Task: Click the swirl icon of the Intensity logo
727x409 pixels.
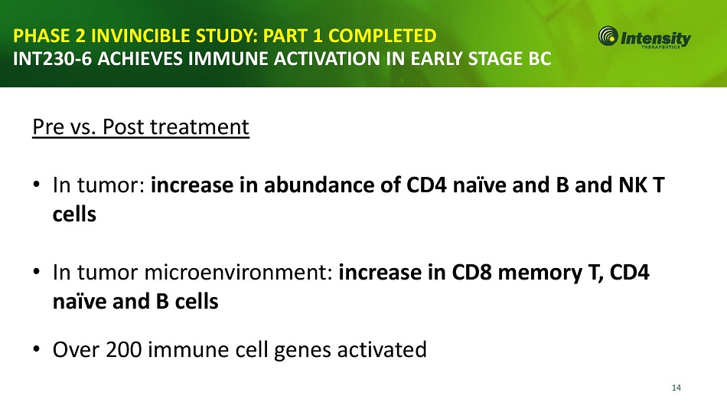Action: [608, 36]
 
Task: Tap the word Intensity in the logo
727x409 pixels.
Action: [656, 38]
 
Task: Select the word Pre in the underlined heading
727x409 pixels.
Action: [48, 126]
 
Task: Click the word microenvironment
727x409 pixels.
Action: [239, 272]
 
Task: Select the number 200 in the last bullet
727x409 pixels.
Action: [123, 349]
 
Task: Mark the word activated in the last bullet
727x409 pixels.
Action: [382, 349]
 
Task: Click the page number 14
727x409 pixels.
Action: [676, 388]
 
